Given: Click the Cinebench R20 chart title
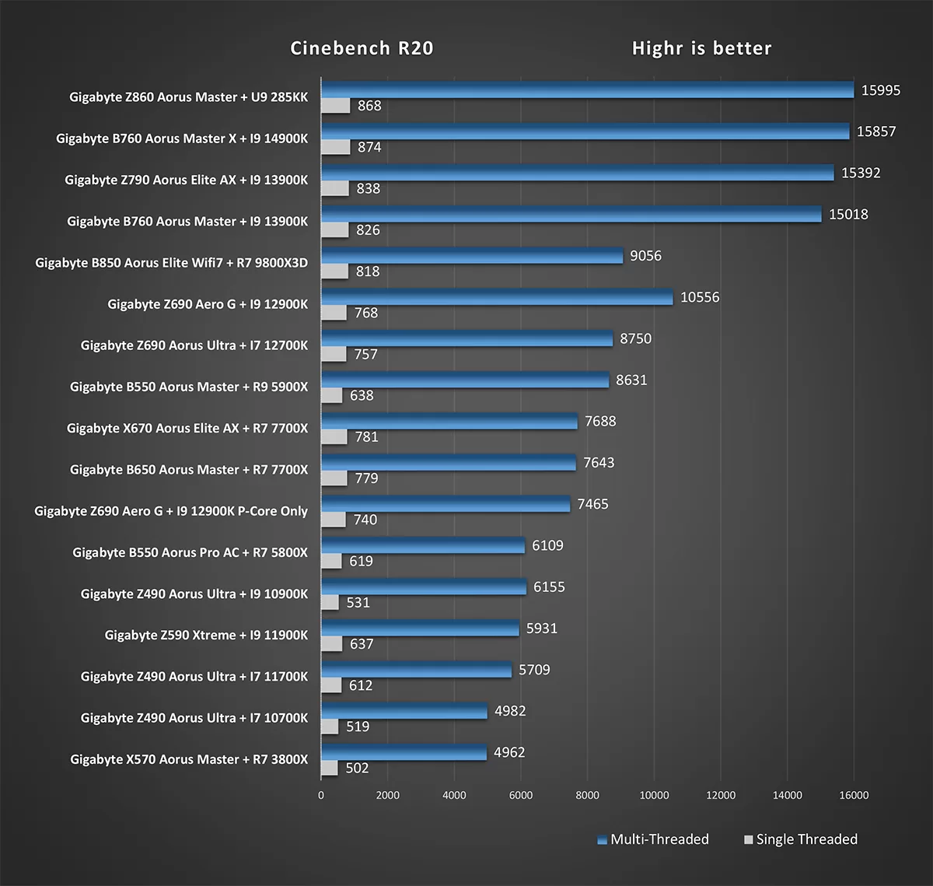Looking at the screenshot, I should (362, 48).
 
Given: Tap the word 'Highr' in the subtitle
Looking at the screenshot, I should (657, 48).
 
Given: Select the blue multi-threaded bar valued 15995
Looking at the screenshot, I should (587, 90).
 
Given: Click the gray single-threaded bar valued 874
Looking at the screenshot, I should (336, 147).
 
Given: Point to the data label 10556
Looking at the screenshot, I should (700, 297).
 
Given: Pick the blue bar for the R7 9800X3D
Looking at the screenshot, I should (472, 256).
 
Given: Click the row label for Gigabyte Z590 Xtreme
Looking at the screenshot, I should (206, 635).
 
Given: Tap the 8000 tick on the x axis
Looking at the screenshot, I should (587, 795).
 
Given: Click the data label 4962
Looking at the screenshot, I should (509, 752).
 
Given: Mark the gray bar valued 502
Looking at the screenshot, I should (330, 768).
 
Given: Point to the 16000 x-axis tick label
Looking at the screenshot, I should (854, 795).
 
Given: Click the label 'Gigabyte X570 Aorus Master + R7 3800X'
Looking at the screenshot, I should (189, 759).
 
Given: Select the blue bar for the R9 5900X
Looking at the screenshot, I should (465, 380).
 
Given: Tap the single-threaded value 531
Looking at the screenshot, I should (358, 602).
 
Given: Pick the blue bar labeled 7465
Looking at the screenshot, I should (446, 504).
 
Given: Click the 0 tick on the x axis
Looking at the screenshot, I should (321, 795).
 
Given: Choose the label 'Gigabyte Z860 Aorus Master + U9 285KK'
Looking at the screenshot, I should (188, 97).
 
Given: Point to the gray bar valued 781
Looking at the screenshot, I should (334, 436).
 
